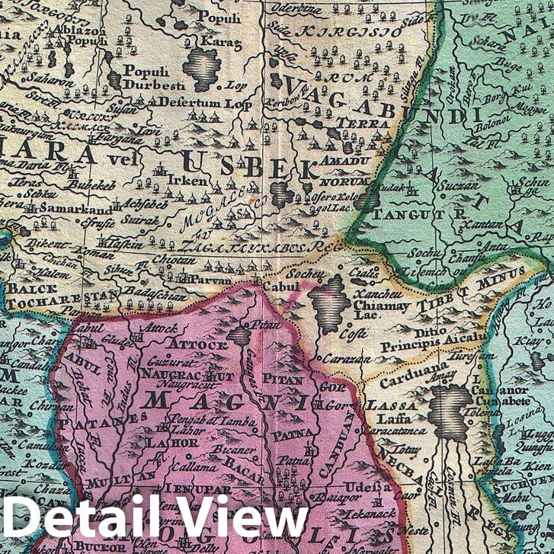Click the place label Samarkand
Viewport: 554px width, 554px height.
coord(76,209)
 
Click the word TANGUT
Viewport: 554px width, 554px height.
coord(404,214)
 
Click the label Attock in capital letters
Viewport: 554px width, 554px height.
coord(197,344)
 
